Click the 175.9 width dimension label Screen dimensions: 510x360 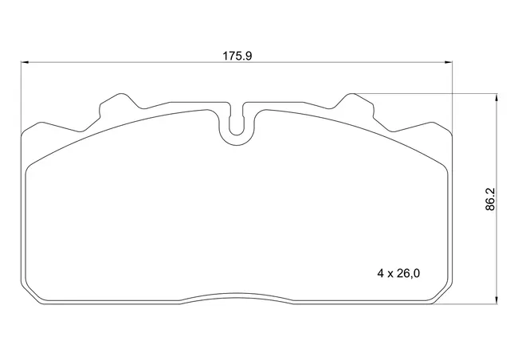point(237,56)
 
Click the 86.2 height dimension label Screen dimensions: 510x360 point(490,199)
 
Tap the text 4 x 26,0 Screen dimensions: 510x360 point(398,273)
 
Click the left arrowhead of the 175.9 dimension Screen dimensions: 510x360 point(25,62)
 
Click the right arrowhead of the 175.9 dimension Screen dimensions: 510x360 point(448,62)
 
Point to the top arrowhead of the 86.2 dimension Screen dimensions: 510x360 point(496,98)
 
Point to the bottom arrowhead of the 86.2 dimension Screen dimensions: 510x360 point(496,299)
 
